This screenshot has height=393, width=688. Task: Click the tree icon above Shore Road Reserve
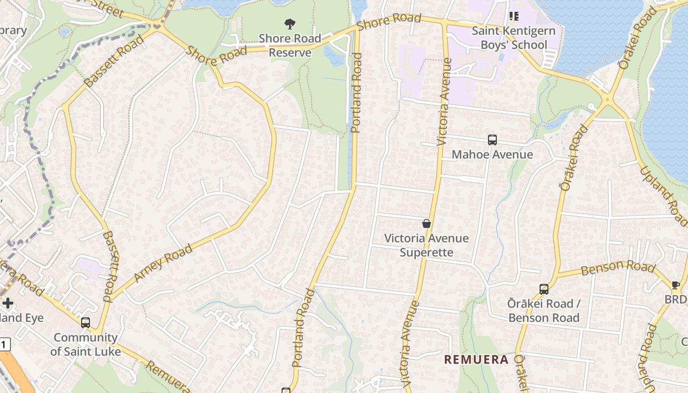click(290, 24)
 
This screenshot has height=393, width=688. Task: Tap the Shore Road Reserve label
click(290, 45)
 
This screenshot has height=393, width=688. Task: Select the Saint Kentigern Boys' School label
click(514, 38)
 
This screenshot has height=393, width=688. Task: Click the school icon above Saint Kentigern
click(514, 16)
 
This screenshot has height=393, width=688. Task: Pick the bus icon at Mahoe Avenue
click(492, 140)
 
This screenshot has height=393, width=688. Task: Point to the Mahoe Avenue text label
click(492, 155)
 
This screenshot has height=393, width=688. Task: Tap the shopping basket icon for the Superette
click(427, 224)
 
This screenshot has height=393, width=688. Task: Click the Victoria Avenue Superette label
click(427, 245)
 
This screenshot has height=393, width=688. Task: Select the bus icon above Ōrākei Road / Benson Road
click(544, 289)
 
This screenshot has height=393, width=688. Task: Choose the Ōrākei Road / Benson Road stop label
click(544, 310)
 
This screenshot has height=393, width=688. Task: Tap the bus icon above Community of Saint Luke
click(86, 323)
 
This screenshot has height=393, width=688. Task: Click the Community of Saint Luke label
click(86, 344)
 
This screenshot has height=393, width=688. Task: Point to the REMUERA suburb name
click(476, 360)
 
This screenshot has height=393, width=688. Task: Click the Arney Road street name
click(163, 263)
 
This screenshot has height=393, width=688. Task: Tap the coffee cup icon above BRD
click(676, 285)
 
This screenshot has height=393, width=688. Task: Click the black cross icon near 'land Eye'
click(8, 303)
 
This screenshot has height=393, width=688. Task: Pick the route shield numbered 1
click(4, 344)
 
